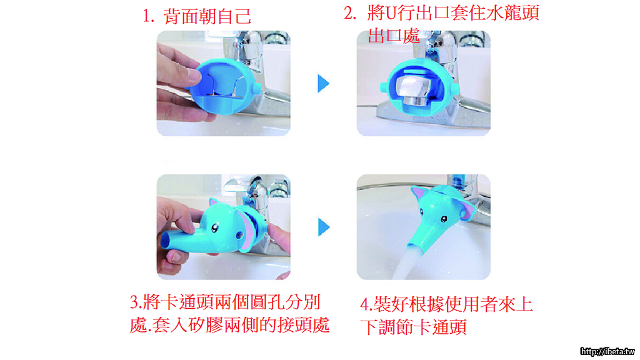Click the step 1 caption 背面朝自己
[207, 16]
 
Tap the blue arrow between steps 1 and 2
[323, 84]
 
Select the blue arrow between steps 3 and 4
[324, 227]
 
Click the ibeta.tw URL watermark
[607, 351]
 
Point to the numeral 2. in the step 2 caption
[350, 13]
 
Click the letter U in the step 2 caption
[391, 13]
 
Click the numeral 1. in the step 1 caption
[149, 17]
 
